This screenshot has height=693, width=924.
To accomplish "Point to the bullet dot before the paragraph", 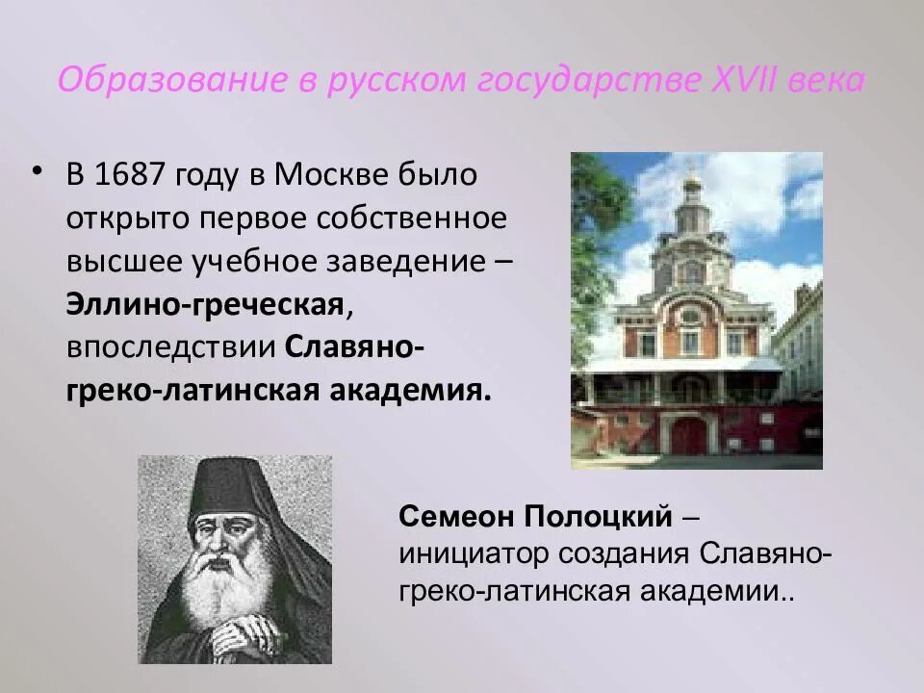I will (x=37, y=171).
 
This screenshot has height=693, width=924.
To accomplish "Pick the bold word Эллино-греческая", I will (x=205, y=305).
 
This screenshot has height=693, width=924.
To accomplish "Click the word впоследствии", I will (x=170, y=348).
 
